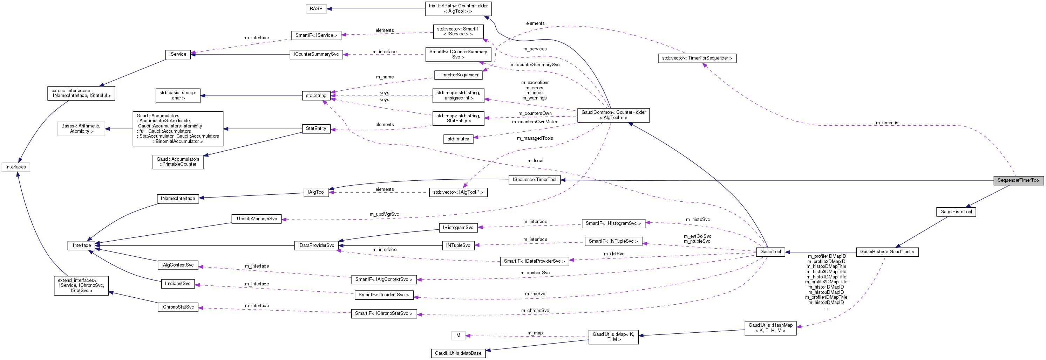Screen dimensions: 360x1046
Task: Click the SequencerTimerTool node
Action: coord(1018,180)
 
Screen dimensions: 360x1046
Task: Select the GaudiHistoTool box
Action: coord(956,212)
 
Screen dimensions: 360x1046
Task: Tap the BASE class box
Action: coord(316,8)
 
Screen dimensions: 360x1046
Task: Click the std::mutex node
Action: coord(458,139)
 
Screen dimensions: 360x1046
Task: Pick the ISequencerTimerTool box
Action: coord(534,179)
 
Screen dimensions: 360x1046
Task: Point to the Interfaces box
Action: coord(15,167)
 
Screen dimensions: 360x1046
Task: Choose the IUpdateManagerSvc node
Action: coord(256,219)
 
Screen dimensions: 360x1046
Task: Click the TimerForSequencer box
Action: coord(458,75)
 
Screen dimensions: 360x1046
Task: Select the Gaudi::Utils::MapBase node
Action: coord(458,353)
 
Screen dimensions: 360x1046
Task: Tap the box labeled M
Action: coord(458,335)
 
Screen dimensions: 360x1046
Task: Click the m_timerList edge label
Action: coord(887,123)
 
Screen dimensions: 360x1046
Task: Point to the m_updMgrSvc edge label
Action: coord(384,214)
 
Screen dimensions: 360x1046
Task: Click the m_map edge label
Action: coord(535,333)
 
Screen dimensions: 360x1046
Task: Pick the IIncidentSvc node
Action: coord(177,284)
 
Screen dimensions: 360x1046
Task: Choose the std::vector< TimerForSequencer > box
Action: coord(697,58)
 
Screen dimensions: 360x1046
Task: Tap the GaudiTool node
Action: coord(770,252)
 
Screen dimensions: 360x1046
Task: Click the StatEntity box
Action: coord(316,128)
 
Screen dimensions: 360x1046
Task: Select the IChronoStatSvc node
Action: coord(177,307)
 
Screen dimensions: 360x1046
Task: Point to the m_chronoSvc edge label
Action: coord(535,311)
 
